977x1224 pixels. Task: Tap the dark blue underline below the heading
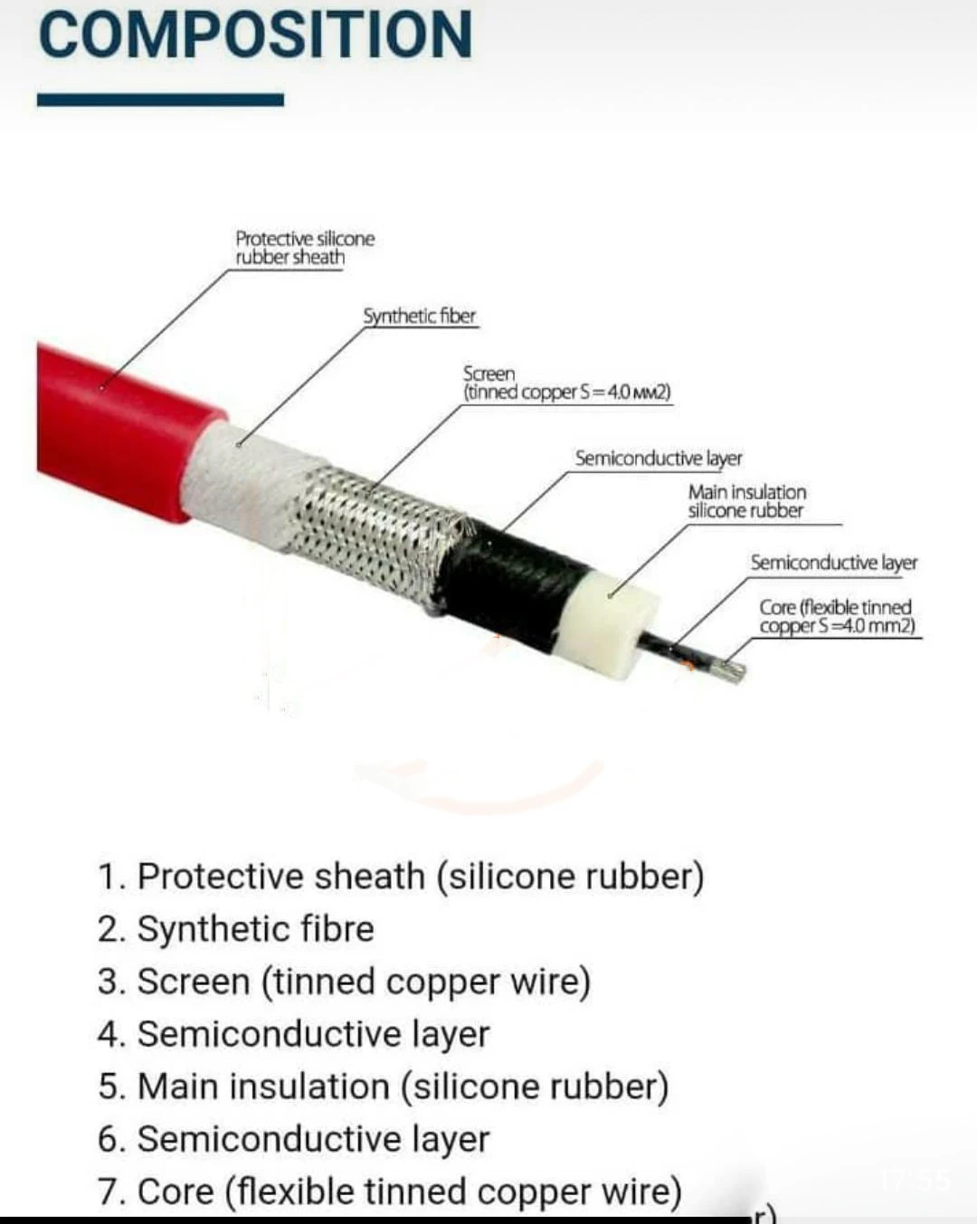click(x=160, y=100)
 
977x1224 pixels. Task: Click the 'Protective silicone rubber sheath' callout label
click(x=304, y=248)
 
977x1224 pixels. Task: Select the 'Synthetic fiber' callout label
click(x=419, y=316)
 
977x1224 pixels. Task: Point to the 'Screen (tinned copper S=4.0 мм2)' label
click(x=566, y=383)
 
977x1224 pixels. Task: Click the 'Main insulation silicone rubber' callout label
click(x=746, y=501)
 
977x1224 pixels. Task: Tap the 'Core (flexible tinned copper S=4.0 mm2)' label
click(x=836, y=616)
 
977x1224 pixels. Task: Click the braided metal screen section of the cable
click(x=371, y=534)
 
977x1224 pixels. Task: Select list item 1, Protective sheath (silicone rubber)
click(x=401, y=876)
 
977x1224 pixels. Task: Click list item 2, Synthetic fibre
click(x=235, y=928)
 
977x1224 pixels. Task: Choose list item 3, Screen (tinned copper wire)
click(x=344, y=981)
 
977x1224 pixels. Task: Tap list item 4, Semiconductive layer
click(x=293, y=1033)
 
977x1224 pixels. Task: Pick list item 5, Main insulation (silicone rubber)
click(x=383, y=1086)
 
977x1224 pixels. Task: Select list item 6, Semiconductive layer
click(x=293, y=1138)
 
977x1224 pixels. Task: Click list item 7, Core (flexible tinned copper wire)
click(x=389, y=1191)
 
